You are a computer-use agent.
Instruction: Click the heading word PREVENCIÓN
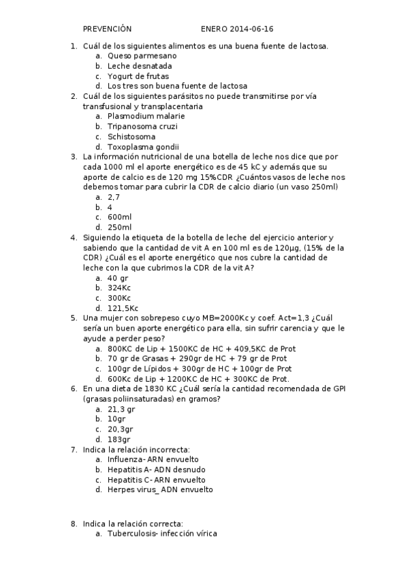(107, 29)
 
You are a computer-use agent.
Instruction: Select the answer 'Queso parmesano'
(142, 56)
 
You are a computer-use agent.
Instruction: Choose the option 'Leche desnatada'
(139, 66)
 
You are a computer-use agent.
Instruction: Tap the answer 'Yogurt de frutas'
(138, 76)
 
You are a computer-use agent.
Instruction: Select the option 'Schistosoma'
(131, 136)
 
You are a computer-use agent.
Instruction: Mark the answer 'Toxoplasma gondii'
(143, 147)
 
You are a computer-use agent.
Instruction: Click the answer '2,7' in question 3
(114, 196)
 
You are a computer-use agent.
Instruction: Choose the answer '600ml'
(119, 217)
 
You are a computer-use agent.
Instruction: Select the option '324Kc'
(119, 288)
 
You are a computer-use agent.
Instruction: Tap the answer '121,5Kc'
(123, 308)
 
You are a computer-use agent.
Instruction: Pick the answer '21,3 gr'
(121, 409)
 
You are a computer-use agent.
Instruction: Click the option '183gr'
(119, 440)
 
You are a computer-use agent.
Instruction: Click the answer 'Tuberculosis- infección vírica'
(162, 534)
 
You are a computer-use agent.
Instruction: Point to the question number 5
(74, 318)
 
